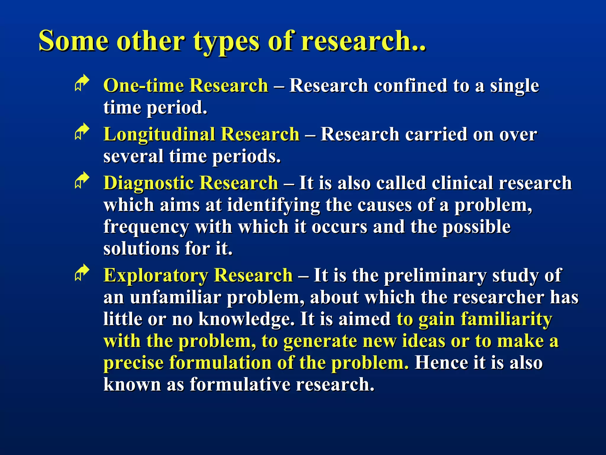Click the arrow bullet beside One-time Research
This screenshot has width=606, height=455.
coord(82,83)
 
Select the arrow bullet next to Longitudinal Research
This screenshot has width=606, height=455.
coord(82,132)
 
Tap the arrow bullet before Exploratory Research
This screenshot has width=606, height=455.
coord(82,273)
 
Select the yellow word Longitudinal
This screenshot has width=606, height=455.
coord(159,134)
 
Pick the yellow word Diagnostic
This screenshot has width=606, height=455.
coord(149,183)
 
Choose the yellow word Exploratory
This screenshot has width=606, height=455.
coord(156,275)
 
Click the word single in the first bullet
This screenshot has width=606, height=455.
coord(514,86)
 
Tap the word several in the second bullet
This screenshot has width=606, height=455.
coord(133,156)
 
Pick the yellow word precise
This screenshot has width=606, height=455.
coord(133,363)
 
